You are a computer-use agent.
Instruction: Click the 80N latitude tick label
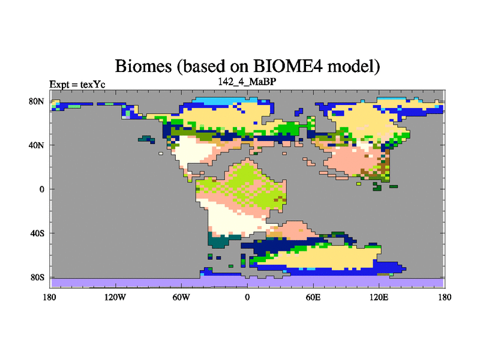[37, 101]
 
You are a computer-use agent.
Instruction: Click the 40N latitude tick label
[37, 145]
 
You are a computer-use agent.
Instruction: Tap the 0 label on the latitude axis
[41, 189]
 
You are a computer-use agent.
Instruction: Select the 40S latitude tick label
[37, 233]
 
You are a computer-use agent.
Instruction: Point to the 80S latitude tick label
[37, 277]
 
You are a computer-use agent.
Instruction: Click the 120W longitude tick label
[115, 297]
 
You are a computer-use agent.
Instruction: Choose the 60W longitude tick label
[181, 297]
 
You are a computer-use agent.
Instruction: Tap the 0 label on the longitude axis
[247, 297]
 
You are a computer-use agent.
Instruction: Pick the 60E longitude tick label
[313, 297]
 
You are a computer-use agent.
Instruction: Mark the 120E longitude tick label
[379, 297]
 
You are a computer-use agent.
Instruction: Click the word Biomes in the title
[143, 66]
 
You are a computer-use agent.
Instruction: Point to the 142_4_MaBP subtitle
[247, 82]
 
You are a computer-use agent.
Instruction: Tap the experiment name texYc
[93, 84]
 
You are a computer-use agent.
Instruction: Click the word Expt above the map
[59, 85]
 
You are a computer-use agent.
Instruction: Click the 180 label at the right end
[445, 297]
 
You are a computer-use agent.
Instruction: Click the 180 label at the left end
[50, 297]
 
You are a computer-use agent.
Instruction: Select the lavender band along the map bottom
[247, 282]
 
